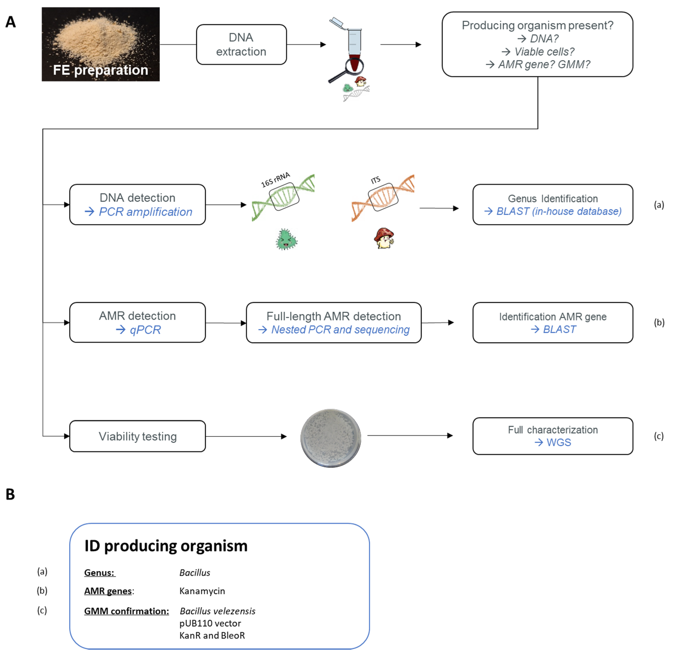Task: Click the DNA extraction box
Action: click(241, 44)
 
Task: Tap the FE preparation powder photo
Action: click(100, 44)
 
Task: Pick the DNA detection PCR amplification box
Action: click(137, 205)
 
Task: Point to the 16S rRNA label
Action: click(275, 180)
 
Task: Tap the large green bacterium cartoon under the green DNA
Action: click(286, 239)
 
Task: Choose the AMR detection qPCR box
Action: click(137, 322)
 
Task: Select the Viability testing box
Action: click(137, 436)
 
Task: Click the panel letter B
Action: click(10, 494)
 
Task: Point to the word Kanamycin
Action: click(202, 591)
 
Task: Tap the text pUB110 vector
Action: click(210, 623)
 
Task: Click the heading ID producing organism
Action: click(166, 546)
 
